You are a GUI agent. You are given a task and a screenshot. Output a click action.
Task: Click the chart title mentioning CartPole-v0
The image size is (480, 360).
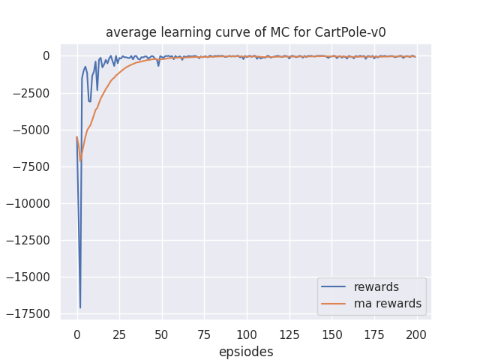245,32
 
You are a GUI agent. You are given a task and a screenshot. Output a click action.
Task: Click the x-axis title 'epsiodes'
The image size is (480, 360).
246,351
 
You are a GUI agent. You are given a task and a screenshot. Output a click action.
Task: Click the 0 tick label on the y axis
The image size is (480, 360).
46,56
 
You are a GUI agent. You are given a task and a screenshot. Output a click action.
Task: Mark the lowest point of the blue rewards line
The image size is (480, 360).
80,307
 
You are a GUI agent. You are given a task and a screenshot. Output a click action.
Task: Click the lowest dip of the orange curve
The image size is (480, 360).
80,161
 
